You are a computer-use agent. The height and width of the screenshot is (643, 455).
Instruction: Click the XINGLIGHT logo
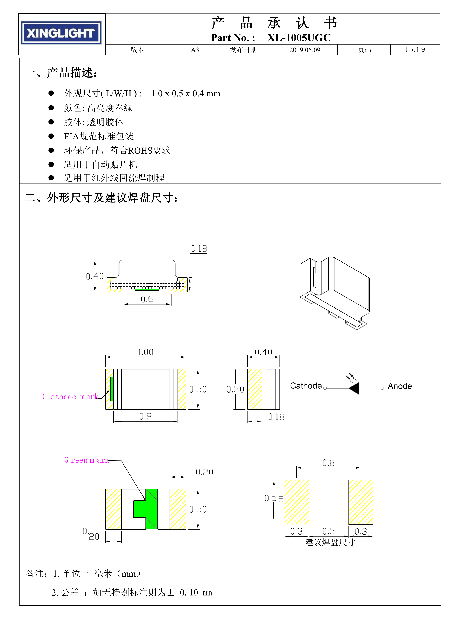(x=61, y=33)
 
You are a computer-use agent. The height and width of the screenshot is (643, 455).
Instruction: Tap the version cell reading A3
(x=195, y=50)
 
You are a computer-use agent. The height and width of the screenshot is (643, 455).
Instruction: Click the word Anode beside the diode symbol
(x=399, y=386)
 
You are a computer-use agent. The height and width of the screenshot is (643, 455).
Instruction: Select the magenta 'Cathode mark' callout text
(x=70, y=397)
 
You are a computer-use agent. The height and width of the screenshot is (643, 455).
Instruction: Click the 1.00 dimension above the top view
(x=145, y=352)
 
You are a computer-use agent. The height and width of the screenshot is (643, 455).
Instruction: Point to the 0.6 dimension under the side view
(x=147, y=299)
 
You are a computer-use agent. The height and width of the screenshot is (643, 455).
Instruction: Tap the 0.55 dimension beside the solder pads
(x=274, y=498)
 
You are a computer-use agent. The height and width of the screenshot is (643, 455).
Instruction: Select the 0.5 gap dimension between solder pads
(x=328, y=531)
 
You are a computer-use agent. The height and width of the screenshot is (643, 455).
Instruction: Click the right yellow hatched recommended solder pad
(x=361, y=502)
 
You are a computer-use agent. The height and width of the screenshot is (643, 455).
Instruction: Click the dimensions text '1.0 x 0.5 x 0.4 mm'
(x=186, y=93)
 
